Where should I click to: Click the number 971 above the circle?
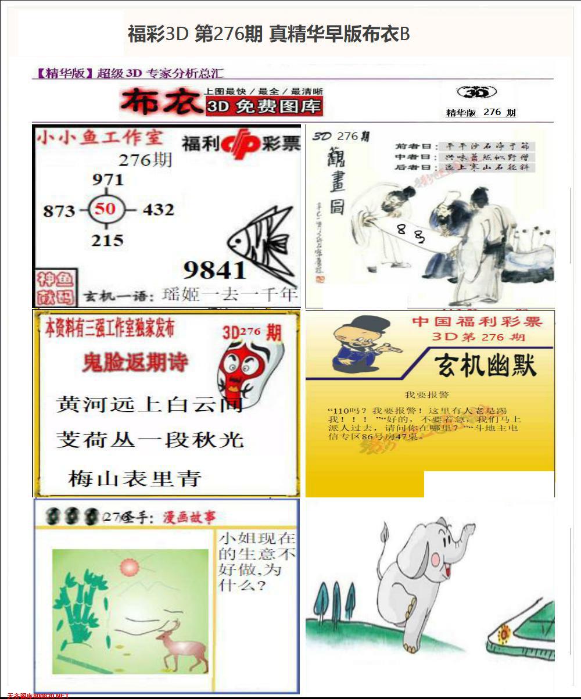point(108,180)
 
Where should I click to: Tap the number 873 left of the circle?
point(59,210)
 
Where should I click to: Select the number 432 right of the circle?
point(157,209)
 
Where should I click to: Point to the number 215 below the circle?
point(107,239)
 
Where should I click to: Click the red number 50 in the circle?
point(105,208)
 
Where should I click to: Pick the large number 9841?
point(214,270)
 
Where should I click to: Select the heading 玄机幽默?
point(486,365)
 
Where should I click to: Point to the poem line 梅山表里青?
point(135,478)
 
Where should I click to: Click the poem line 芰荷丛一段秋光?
point(150,439)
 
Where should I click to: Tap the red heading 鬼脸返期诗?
point(135,363)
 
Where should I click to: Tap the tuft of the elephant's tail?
point(384,530)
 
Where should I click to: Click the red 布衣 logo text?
point(158,103)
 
